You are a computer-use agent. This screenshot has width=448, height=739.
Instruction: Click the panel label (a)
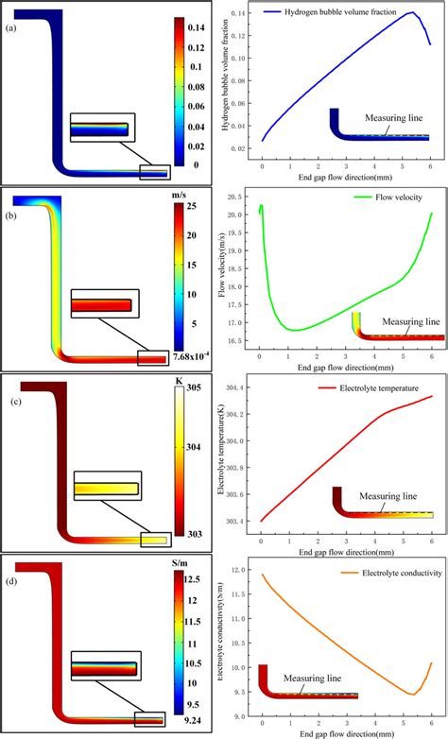(9, 28)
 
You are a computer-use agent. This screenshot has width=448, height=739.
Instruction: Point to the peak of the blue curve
(413, 12)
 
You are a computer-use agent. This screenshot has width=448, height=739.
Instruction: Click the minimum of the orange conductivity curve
(413, 694)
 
